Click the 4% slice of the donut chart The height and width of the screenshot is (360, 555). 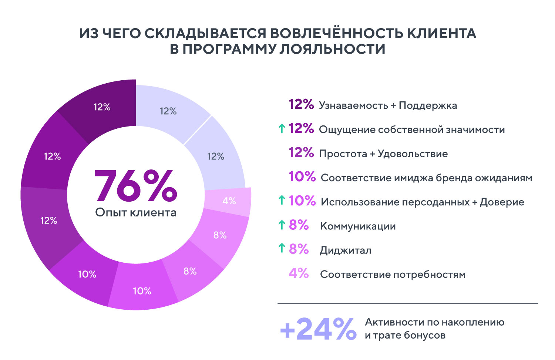(229, 201)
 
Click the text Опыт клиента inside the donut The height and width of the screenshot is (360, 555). (136, 212)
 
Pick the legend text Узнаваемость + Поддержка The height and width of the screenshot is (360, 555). (388, 105)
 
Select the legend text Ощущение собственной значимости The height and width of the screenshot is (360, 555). (412, 129)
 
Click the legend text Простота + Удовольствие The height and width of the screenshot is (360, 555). (383, 154)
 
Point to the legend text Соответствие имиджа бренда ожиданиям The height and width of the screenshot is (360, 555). (426, 178)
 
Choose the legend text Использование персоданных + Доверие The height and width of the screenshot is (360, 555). (422, 202)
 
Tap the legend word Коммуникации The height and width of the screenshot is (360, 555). (358, 226)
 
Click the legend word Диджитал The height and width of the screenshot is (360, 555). (345, 250)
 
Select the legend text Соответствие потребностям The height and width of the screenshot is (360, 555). (393, 275)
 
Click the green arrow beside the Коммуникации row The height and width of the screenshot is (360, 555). (282, 225)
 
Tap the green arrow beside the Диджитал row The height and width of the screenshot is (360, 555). (282, 248)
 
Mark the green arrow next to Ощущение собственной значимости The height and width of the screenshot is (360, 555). (282, 128)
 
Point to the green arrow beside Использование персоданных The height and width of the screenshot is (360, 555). (282, 200)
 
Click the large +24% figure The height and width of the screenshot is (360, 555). (318, 329)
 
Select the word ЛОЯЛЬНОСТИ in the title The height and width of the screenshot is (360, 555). (332, 49)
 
